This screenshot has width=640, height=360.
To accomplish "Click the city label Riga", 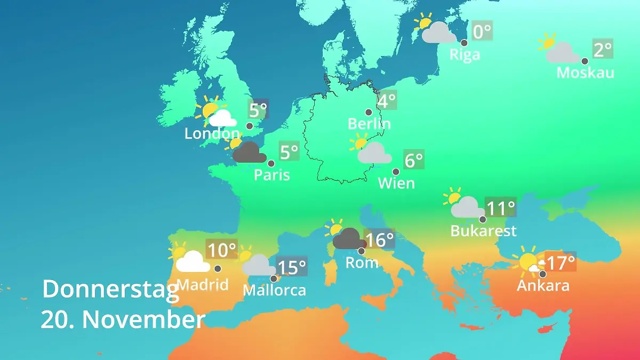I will tap(465, 54).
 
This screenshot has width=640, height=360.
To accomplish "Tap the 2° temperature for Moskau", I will tap(603, 50).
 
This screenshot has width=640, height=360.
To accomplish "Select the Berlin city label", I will tap(369, 124).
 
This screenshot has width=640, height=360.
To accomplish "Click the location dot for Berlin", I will tap(369, 112).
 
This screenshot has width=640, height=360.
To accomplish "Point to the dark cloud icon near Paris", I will tap(250, 153).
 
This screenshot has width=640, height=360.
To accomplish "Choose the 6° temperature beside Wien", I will tap(413, 159).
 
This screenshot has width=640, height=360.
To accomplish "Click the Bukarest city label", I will tap(483, 230).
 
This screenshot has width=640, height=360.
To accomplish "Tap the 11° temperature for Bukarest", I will tap(500, 207).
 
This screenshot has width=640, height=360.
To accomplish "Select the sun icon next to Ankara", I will tap(528, 262).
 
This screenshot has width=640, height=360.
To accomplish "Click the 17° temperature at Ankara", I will tap(560, 262).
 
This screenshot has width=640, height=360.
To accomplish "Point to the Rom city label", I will tap(362, 262).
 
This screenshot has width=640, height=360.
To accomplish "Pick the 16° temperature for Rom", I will tap(379, 239).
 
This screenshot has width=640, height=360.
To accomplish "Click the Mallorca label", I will tap(274, 290).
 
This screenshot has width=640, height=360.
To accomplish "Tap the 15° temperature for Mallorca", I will tap(292, 267).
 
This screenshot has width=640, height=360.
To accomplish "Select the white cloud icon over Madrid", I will tap(192, 262).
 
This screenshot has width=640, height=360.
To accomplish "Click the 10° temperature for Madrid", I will tap(221, 249).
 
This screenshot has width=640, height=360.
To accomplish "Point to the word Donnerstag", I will tap(110, 290).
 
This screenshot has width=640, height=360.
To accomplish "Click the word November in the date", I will tap(143, 319).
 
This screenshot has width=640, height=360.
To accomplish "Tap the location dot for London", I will tap(249, 126).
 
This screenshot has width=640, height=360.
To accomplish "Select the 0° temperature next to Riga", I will tap(482, 31).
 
